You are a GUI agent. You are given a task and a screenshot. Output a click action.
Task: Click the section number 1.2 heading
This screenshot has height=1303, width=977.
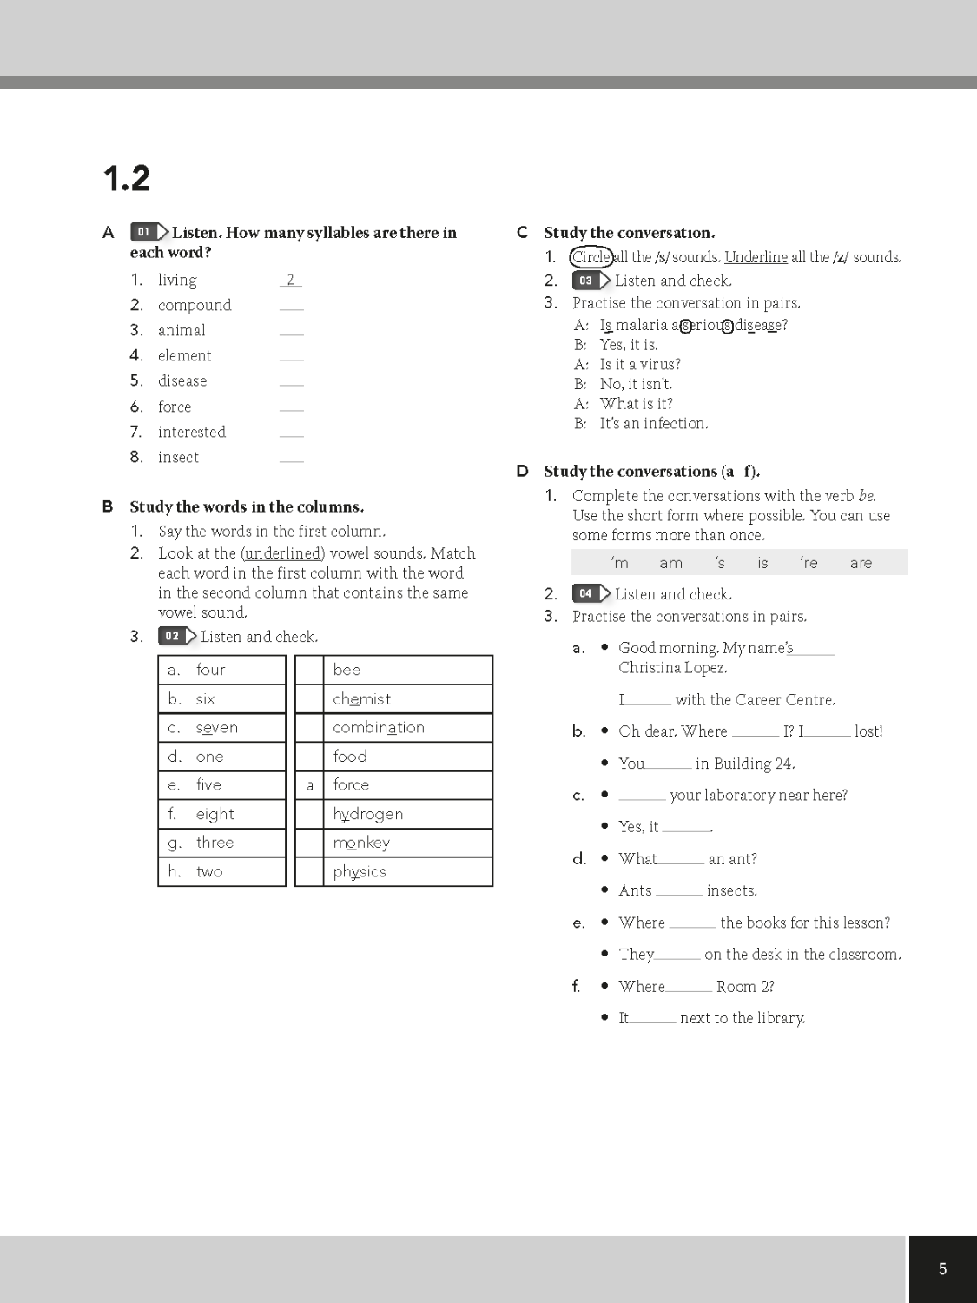tap(126, 178)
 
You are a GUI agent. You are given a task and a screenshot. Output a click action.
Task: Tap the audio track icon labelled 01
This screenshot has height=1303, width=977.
tap(149, 232)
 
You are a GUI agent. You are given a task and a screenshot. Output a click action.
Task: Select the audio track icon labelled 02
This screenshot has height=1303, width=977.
tap(177, 636)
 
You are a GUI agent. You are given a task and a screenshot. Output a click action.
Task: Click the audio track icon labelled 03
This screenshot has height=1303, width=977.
tap(591, 281)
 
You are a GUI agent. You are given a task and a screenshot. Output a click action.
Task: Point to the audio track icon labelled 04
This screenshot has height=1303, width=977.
tap(591, 593)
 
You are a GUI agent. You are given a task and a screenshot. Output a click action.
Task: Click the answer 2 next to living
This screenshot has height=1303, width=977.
tap(291, 280)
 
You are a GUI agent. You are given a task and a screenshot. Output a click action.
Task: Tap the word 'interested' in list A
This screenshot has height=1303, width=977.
tap(191, 432)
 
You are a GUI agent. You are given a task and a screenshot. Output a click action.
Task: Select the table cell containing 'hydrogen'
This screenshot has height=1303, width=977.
tap(409, 814)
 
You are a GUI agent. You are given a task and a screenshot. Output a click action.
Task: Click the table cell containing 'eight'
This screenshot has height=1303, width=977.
tap(221, 814)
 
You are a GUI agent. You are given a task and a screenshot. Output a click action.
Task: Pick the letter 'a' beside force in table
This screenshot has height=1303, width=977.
tap(309, 785)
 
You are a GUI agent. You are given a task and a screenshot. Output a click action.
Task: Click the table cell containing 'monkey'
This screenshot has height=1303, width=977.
tap(409, 843)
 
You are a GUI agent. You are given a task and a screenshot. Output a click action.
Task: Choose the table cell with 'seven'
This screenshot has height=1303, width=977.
tap(221, 728)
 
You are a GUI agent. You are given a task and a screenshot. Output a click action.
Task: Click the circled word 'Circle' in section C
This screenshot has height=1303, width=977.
tap(591, 257)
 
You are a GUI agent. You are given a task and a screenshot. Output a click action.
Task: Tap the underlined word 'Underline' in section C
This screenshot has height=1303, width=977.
tap(756, 257)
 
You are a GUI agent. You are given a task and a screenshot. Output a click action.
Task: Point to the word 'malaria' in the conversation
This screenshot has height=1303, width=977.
tap(642, 325)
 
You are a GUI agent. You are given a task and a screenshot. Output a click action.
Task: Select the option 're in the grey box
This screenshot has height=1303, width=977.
tap(809, 563)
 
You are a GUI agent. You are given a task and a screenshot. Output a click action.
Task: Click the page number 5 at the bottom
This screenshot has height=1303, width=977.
tap(942, 1269)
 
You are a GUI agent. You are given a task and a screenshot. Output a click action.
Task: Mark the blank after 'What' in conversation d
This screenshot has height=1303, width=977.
tap(681, 860)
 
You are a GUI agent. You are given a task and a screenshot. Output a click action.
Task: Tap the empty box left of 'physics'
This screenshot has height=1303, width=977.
tap(309, 871)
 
